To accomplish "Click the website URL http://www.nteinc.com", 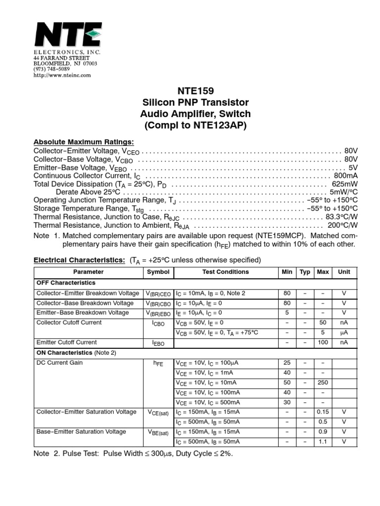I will tap(62, 75).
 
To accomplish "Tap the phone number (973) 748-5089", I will tap(51, 69).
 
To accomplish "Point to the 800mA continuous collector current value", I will tap(345, 176).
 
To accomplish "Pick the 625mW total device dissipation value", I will tap(344, 184).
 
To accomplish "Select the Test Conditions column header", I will tap(226, 272).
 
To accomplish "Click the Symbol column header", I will tap(158, 272).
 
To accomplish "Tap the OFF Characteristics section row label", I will tap(66, 283).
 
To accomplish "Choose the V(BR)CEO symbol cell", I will tap(158, 294).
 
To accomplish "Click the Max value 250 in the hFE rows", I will tap(323, 382).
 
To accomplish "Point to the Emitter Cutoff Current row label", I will tap(67, 342).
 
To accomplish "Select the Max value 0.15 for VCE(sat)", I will tap(323, 412).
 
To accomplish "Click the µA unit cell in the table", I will tap(343, 333).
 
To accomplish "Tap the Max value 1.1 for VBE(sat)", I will tap(323, 442).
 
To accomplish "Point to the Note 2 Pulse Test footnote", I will tap(133, 454).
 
